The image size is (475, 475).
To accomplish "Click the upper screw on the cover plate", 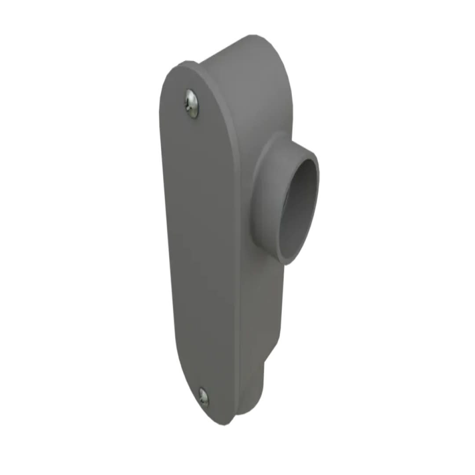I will [x=191, y=103].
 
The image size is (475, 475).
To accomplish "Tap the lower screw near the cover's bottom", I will [x=203, y=397].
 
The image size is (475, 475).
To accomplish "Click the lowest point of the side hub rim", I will [x=286, y=263].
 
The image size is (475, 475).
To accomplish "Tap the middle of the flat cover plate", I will [x=200, y=246].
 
